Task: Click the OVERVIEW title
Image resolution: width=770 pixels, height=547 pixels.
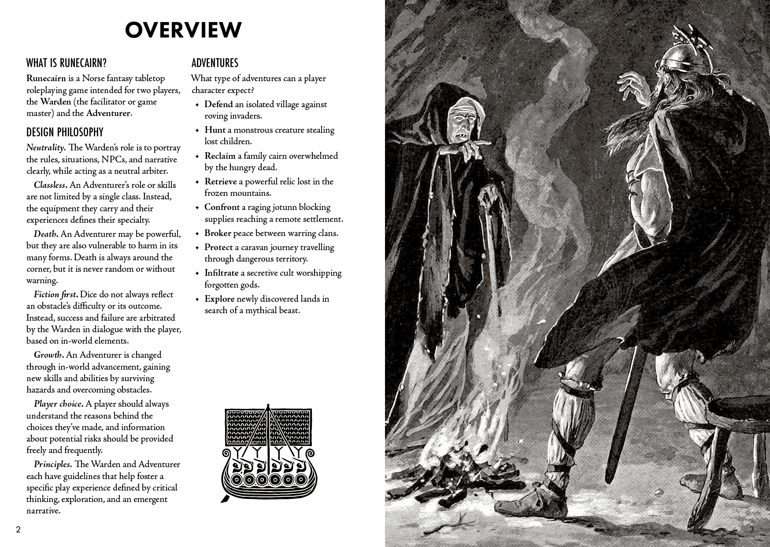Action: click(183, 30)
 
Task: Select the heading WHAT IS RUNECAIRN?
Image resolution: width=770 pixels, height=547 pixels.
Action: click(67, 63)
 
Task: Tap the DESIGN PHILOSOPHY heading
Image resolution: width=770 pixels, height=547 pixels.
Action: click(65, 132)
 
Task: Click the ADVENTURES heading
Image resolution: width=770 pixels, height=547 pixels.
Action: click(215, 63)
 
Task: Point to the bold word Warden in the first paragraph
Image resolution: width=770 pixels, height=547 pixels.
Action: click(56, 102)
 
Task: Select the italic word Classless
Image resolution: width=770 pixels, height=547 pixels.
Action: click(49, 185)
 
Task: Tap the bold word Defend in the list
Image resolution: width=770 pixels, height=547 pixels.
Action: click(218, 105)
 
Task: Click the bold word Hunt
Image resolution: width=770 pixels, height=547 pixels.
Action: click(215, 130)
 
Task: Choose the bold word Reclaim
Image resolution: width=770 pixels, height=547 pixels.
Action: click(220, 156)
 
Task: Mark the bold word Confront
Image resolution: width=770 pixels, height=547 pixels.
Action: click(222, 207)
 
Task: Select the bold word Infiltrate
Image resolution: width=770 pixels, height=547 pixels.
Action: click(221, 273)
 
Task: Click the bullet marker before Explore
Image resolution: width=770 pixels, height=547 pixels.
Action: click(197, 299)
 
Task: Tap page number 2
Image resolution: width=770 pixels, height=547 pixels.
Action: click(18, 530)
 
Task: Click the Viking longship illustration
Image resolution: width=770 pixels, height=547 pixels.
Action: click(267, 452)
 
